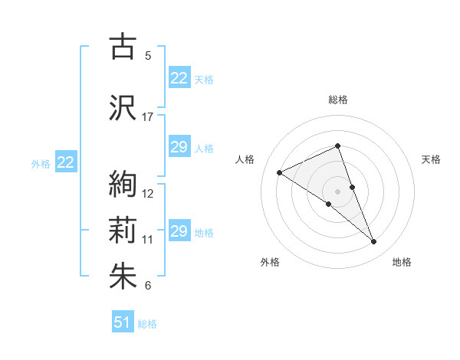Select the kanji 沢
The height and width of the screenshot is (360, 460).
123,107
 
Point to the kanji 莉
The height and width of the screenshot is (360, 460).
123,230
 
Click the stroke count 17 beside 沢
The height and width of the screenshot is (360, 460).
148,117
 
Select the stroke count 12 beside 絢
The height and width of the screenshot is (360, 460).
148,193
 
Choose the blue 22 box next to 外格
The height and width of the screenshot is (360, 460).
65,162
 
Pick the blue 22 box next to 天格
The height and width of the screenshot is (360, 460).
179,78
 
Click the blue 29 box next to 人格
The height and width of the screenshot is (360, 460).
179,147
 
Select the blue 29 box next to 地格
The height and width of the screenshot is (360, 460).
179,231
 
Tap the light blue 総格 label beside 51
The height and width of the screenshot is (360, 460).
147,324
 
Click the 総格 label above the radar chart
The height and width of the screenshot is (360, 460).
338,100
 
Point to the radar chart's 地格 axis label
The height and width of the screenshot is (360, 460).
402,262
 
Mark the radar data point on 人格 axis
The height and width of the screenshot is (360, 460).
280,173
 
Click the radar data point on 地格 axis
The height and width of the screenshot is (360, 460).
374,242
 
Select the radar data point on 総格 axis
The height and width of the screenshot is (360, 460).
338,146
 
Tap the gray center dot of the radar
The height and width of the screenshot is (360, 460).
338,191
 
